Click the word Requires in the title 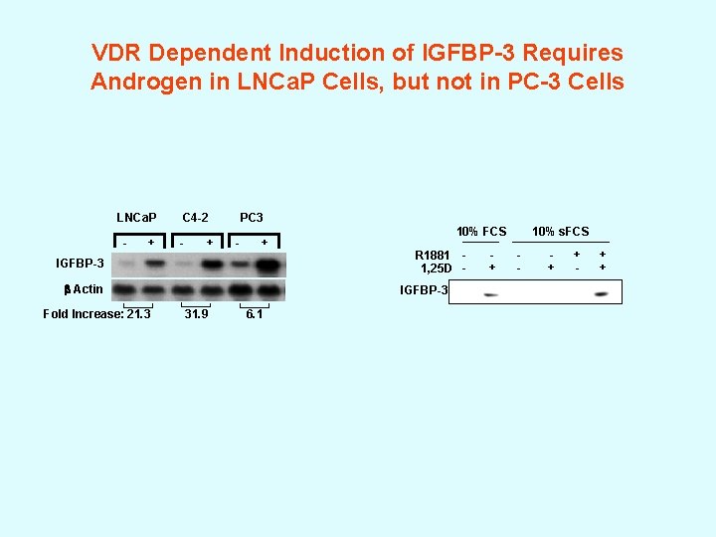575,52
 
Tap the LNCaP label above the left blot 136,217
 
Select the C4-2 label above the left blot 195,217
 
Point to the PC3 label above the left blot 251,217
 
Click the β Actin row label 83,289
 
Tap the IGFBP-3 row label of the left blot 80,264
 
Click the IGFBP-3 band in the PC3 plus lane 266,265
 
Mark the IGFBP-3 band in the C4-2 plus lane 210,265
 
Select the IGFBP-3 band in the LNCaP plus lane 153,264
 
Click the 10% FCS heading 481,232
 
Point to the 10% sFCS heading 560,232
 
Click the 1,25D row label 437,268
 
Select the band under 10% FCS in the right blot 491,294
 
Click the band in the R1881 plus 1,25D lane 601,293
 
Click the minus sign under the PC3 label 237,242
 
